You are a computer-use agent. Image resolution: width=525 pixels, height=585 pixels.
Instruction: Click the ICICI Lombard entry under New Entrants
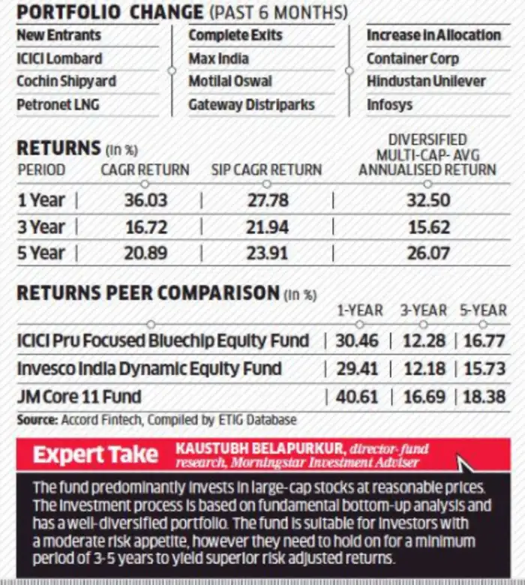[x=59, y=58]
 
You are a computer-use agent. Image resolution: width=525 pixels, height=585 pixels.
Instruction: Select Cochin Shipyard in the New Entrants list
[x=67, y=81]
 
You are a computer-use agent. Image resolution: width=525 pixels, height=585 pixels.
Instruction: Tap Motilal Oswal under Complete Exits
[x=230, y=81]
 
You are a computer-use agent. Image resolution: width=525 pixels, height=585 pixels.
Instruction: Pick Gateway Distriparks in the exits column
[x=251, y=105]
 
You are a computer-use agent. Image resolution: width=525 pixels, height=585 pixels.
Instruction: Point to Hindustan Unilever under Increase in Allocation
[x=426, y=81]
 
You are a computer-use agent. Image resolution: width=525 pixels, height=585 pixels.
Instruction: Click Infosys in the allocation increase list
[x=389, y=105]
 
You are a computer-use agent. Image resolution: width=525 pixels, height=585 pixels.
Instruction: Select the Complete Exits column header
[x=235, y=35]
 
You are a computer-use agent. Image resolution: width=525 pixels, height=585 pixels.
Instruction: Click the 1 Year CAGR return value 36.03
[x=146, y=200]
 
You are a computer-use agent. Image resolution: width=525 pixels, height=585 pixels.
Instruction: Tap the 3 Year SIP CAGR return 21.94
[x=267, y=227]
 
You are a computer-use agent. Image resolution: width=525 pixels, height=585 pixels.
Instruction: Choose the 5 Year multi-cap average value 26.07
[x=428, y=253]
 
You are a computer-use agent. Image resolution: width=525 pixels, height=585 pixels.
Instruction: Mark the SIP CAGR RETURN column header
[x=266, y=170]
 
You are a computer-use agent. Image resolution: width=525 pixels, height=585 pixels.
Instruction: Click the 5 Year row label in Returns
[x=41, y=253]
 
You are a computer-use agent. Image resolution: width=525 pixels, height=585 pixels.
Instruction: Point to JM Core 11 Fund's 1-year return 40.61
[x=357, y=397]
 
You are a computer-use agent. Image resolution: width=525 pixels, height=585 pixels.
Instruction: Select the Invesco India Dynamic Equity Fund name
[x=149, y=369]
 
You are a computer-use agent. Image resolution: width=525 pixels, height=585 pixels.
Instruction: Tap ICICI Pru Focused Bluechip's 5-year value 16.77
[x=484, y=341]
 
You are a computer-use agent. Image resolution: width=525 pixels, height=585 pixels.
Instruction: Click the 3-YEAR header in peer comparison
[x=424, y=310]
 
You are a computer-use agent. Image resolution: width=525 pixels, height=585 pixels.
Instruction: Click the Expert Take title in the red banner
[x=95, y=454]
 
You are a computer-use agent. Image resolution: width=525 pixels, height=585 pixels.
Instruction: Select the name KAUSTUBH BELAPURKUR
[x=261, y=448]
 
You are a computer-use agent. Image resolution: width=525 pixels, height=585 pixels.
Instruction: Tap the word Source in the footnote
[x=37, y=420]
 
